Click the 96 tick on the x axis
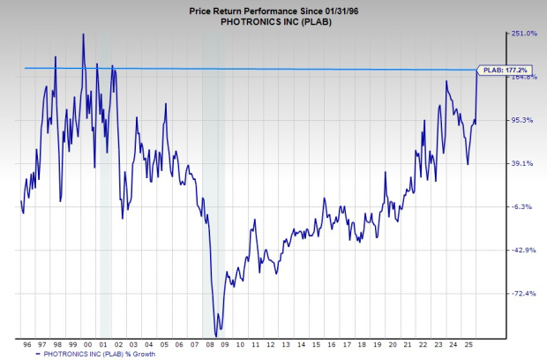click(x=27, y=343)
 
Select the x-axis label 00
click(x=87, y=343)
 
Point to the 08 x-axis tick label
click(x=208, y=343)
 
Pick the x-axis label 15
click(x=314, y=343)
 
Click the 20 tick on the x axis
click(x=389, y=343)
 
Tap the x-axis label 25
click(x=465, y=343)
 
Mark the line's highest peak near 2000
click(x=83, y=34)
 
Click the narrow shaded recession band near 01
click(x=106, y=176)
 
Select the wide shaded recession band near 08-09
click(x=214, y=176)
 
